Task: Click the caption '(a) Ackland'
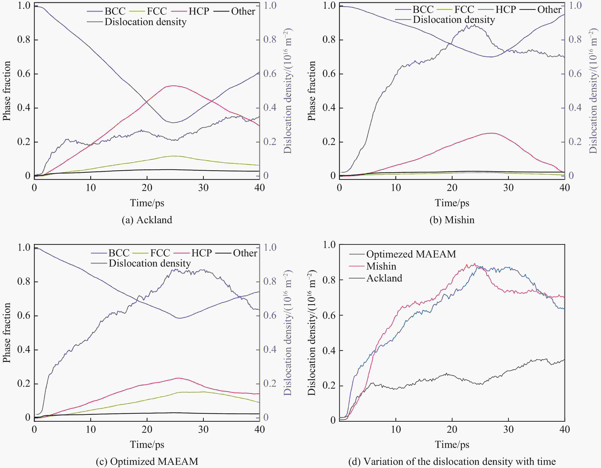click(x=147, y=220)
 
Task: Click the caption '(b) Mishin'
click(x=452, y=220)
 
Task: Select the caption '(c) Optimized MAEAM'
click(x=147, y=461)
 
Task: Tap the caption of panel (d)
click(x=452, y=461)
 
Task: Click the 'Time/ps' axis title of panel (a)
click(x=147, y=203)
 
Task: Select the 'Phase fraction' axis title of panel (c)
click(x=7, y=333)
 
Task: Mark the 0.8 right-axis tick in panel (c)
click(x=270, y=281)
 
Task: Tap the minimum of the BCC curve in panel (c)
click(x=179, y=318)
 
